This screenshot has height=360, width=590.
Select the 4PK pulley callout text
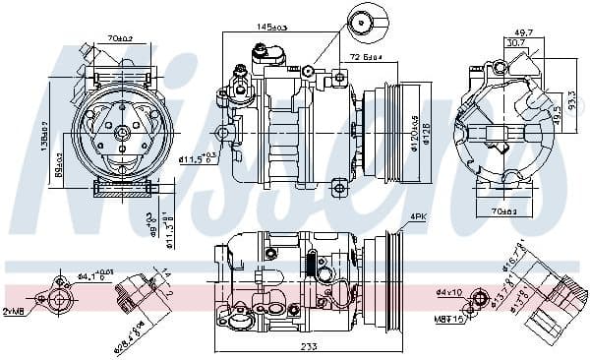pos(419,215)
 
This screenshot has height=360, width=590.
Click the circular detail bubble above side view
pos(363,22)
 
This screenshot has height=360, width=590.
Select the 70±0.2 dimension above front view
pos(122,38)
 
